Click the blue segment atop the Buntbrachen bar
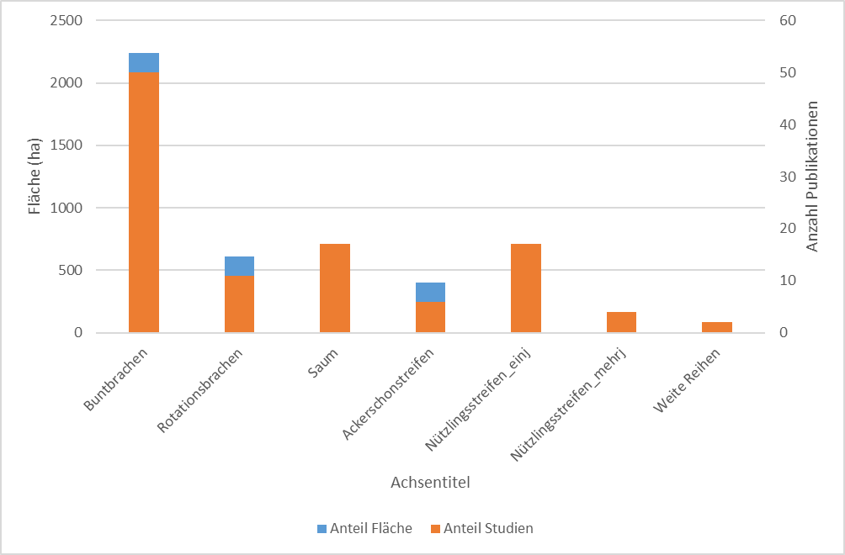[x=144, y=62]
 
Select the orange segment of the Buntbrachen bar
[x=144, y=202]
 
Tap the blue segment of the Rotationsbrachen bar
[x=239, y=266]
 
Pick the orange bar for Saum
[x=335, y=288]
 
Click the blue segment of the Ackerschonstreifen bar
[x=430, y=292]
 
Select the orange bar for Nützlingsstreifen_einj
[x=526, y=288]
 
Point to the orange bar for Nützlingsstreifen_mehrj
[x=621, y=322]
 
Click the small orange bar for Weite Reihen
[x=717, y=327]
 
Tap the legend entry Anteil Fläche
[x=364, y=529]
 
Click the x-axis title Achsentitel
[x=430, y=484]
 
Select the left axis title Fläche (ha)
[x=35, y=177]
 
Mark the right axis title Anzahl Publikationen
[x=813, y=177]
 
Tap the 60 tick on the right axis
[x=787, y=21]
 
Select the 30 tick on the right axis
[x=787, y=177]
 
